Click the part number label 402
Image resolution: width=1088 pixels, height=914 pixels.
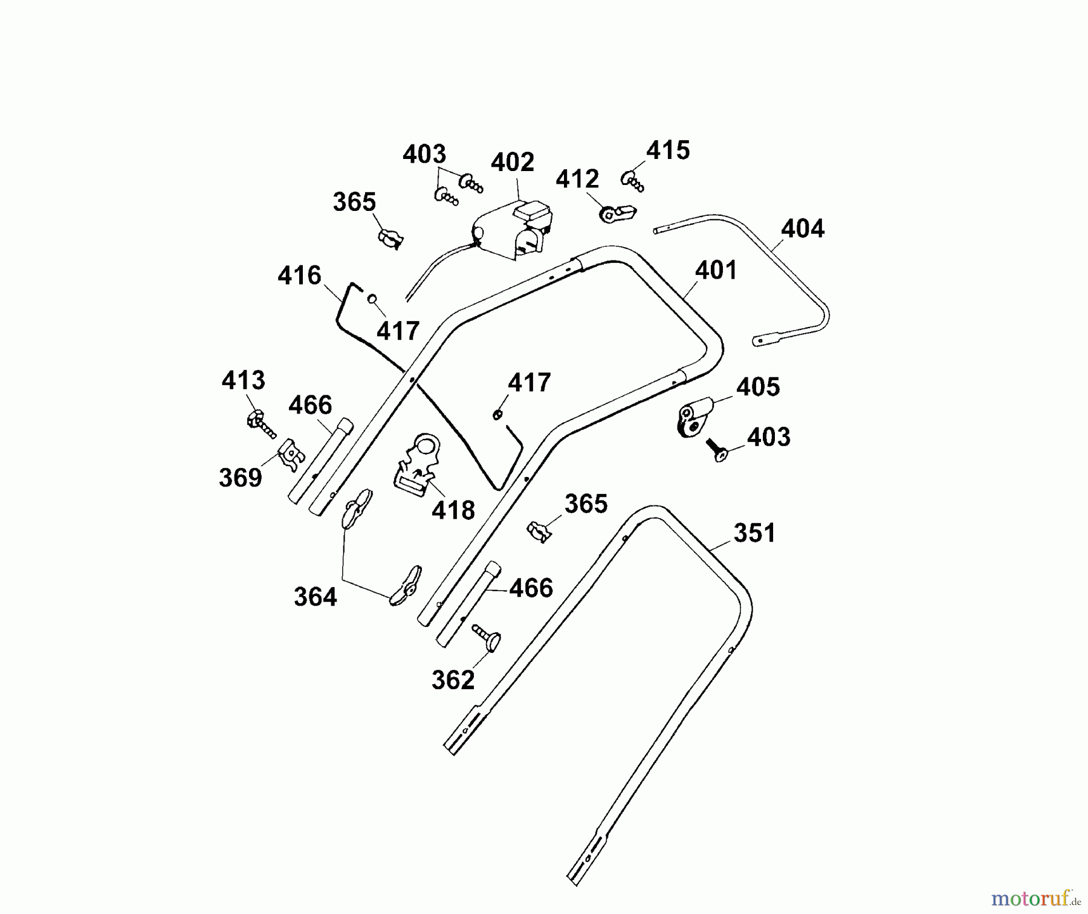click(513, 163)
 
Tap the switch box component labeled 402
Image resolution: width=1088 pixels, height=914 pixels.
click(514, 233)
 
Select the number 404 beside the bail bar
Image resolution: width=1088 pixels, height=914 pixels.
click(802, 229)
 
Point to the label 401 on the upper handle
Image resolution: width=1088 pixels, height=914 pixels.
click(716, 270)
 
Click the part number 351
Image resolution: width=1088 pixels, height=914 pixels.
click(754, 533)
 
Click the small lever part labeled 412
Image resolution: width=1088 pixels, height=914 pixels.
click(618, 213)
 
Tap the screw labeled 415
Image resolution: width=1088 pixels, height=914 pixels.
click(632, 181)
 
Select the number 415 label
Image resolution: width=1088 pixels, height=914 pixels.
click(668, 151)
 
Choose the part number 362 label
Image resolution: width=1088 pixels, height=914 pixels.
click(453, 680)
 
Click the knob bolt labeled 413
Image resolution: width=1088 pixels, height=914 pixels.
click(260, 423)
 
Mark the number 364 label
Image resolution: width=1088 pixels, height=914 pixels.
click(315, 597)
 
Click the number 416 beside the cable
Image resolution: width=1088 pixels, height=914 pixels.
click(299, 276)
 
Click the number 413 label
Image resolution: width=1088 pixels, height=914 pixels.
click(243, 381)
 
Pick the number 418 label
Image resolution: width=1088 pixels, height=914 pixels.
click(453, 511)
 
